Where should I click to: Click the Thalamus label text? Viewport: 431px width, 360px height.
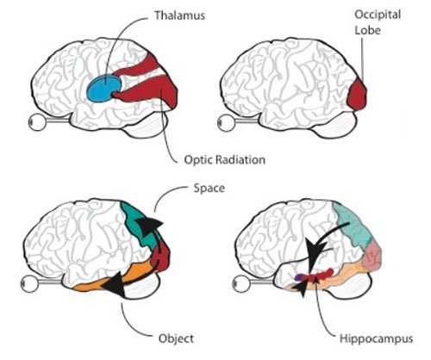tap(180, 16)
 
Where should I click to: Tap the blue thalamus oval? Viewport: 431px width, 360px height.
tap(103, 88)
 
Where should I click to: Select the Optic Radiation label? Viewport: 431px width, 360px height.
tap(224, 159)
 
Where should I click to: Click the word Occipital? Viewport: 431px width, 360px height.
tap(378, 16)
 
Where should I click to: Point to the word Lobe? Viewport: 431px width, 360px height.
tap(367, 30)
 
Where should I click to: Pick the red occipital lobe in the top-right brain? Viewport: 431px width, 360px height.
tap(357, 94)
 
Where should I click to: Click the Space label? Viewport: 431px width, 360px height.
tap(209, 189)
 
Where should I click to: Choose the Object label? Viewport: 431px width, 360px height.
tap(176, 338)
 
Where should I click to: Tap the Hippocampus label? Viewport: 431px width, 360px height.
tap(376, 338)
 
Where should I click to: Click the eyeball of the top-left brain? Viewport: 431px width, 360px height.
tap(37, 122)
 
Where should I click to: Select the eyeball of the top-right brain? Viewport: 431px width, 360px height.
tap(226, 122)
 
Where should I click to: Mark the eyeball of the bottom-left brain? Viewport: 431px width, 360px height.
tap(29, 283)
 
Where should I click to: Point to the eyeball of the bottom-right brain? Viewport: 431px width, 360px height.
tap(241, 283)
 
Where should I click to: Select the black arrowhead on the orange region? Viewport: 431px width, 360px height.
tap(115, 284)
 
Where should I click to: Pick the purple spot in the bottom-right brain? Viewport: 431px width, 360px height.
tap(299, 277)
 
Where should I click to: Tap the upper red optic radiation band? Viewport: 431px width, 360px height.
tap(138, 67)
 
